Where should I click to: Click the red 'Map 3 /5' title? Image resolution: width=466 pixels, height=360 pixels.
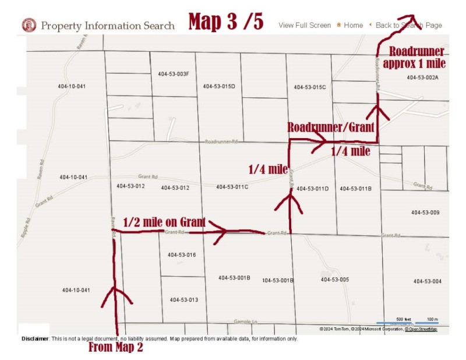(x=226, y=22)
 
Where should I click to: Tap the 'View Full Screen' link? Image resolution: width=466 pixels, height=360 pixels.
(x=304, y=26)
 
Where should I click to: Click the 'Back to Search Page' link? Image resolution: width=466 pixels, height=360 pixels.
(x=408, y=26)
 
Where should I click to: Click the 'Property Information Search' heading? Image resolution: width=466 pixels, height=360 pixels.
(x=107, y=26)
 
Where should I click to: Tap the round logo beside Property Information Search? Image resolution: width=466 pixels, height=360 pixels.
(x=29, y=25)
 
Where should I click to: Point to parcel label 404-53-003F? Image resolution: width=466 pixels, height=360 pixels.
(x=173, y=75)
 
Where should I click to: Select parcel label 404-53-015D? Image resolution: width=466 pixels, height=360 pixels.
(x=219, y=87)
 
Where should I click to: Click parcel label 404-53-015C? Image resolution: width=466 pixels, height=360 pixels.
(x=309, y=87)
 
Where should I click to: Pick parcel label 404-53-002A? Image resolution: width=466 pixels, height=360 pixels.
(x=422, y=77)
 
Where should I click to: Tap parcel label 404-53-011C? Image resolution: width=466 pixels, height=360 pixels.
(x=232, y=187)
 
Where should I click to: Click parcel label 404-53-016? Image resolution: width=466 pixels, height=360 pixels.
(x=182, y=255)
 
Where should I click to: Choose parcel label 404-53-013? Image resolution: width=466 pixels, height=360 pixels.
(x=184, y=300)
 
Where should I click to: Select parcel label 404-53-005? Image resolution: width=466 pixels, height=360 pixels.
(x=335, y=280)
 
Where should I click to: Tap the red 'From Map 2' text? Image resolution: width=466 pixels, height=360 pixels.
(x=115, y=348)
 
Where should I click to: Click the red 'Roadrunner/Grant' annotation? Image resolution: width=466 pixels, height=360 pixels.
(x=330, y=128)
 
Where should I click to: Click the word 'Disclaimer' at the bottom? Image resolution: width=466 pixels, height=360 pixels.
(x=35, y=338)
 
